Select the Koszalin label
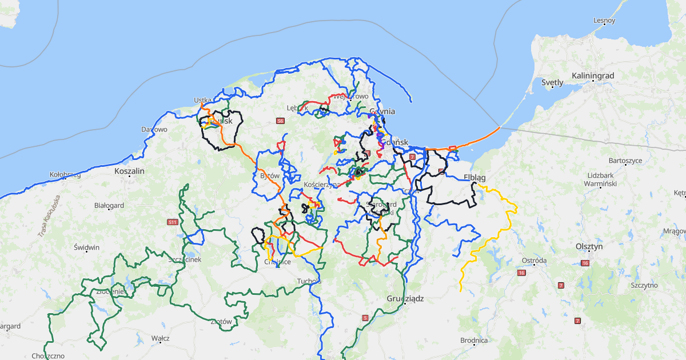point(130,171)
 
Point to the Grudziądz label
point(405,298)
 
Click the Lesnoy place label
point(604,21)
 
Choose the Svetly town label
point(552,82)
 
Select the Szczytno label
point(644,285)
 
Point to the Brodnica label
point(474,341)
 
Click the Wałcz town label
point(161,338)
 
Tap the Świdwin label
point(86,247)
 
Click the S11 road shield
point(172,222)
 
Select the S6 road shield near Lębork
point(280,121)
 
